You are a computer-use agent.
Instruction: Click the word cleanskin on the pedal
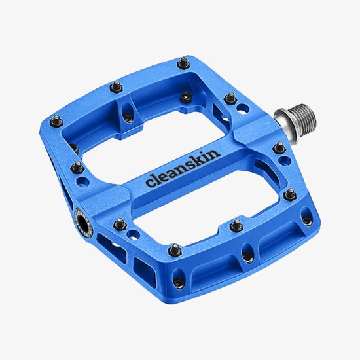(x=183, y=168)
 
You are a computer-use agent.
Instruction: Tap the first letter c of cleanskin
(x=150, y=183)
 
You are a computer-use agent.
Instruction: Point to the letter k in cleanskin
(x=203, y=158)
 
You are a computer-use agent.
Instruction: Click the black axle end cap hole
(x=83, y=222)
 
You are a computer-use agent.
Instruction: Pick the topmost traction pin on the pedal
(x=184, y=63)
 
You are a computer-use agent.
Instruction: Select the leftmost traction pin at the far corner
(x=56, y=121)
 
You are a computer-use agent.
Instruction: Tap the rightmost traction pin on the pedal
(x=290, y=195)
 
